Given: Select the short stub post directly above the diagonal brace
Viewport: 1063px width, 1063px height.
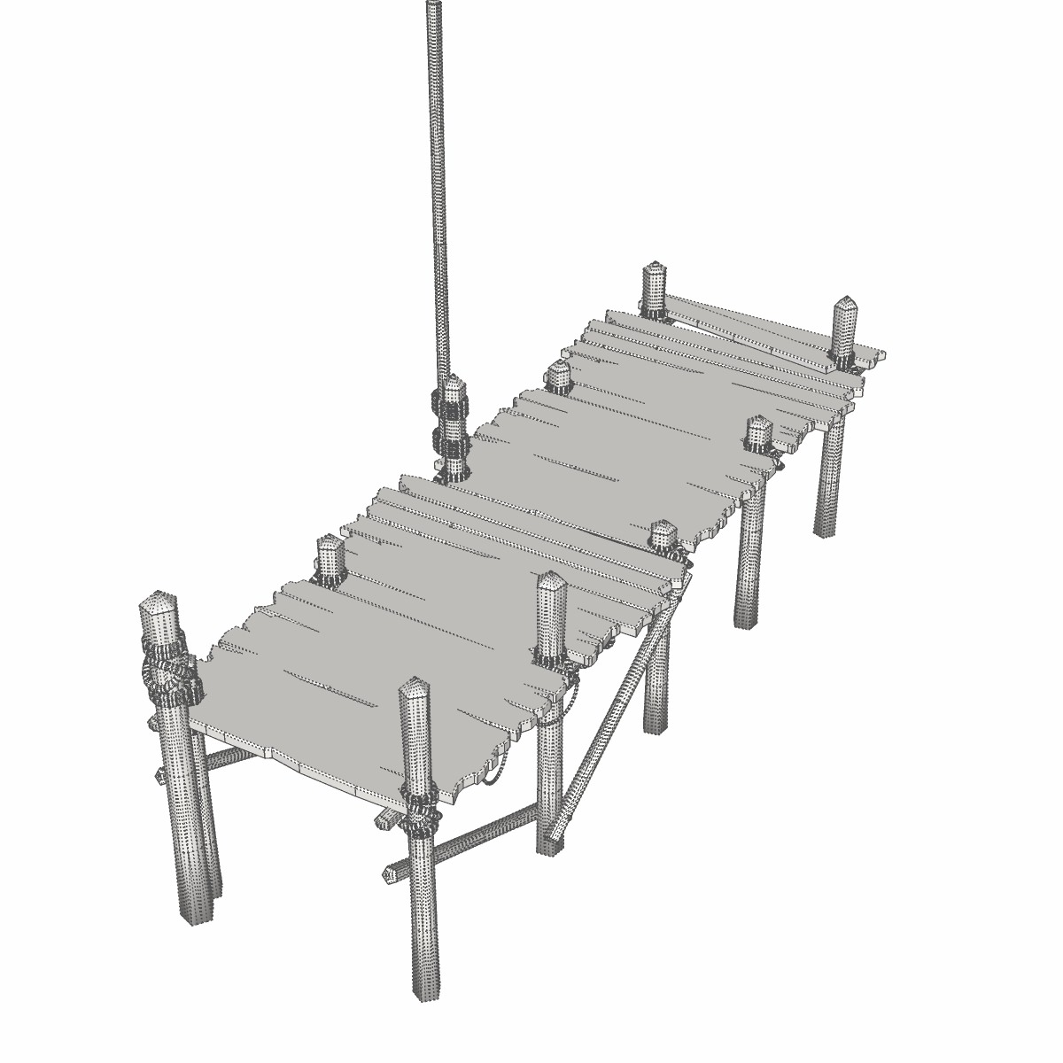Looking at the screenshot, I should (663, 537).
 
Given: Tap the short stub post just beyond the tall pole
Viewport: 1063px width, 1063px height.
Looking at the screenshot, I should (558, 376).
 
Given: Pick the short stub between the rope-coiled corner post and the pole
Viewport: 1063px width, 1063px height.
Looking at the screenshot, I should (330, 558).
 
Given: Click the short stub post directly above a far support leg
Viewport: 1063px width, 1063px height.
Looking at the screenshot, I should (758, 434).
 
